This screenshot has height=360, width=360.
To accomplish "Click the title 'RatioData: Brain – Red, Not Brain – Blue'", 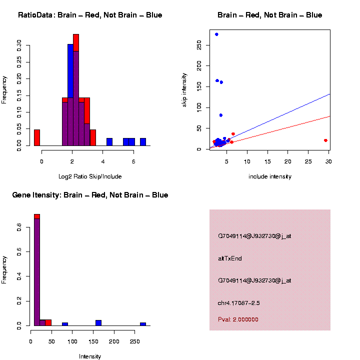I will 90,15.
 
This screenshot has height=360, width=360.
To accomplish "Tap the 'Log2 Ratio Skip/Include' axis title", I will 90,176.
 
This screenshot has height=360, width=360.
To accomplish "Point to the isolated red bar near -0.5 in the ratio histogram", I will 37,137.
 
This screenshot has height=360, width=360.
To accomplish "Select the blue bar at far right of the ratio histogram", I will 143,142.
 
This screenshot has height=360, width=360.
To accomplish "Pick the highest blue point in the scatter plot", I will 216,34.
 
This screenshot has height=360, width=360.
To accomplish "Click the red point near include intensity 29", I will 325,140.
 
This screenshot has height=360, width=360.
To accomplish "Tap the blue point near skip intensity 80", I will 220,115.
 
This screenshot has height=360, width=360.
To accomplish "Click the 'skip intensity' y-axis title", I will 184,89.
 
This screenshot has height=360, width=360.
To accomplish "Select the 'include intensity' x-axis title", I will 270,176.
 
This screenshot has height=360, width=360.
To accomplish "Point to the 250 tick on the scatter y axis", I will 199,45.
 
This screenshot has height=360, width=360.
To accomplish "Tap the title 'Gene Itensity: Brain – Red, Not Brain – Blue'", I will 90,195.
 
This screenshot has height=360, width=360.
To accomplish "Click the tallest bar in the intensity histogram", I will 37,270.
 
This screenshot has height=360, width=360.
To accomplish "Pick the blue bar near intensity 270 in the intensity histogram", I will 143,324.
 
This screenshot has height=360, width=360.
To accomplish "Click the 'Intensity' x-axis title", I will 90,356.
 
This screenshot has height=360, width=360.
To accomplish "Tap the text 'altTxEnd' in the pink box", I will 230,258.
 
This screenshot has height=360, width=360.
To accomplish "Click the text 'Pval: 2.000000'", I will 238,319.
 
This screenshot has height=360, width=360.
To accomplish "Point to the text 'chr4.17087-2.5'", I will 239,303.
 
